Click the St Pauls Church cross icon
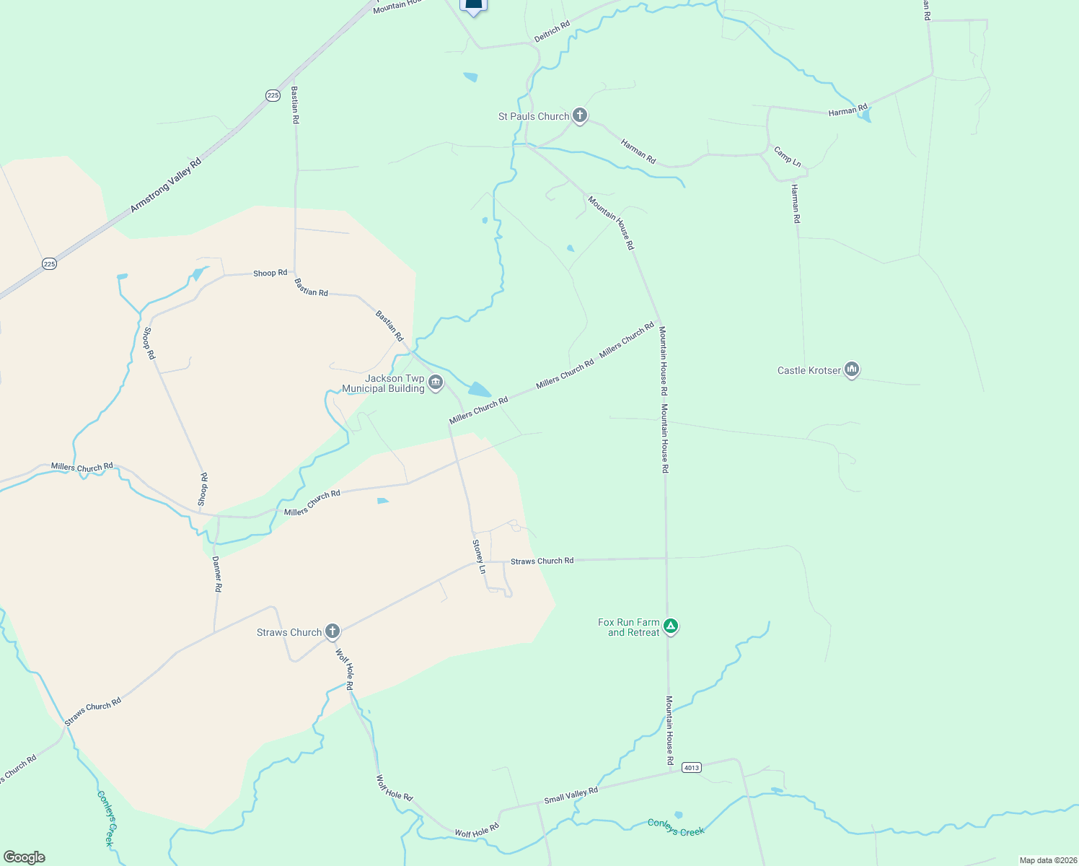(579, 115)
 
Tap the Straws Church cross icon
(332, 632)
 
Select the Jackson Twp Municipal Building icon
(435, 382)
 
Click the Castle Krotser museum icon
(852, 370)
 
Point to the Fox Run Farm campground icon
(671, 626)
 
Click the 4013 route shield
(691, 767)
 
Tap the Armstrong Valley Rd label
(166, 185)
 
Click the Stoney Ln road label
(479, 556)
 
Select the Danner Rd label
(217, 574)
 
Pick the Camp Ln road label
(787, 157)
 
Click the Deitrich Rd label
(552, 30)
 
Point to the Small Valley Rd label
(571, 795)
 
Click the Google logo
(24, 857)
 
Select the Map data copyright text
(1047, 860)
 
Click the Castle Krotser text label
(809, 370)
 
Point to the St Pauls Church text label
(534, 116)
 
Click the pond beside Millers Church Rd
(479, 390)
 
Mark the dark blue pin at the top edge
(473, 6)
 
